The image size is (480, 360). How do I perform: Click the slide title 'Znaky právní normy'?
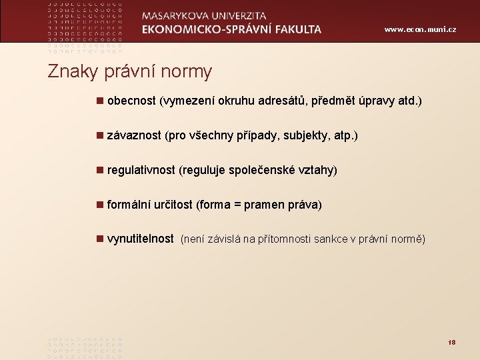(129, 71)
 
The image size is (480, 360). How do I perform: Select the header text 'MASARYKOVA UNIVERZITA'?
(204, 16)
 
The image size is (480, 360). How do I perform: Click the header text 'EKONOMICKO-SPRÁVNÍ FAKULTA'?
(231, 29)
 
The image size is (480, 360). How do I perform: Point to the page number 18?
(451, 342)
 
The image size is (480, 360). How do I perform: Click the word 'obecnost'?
(131, 101)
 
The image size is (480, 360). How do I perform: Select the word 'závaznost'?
(133, 136)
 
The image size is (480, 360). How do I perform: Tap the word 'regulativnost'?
(141, 171)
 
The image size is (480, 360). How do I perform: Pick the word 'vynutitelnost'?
(140, 239)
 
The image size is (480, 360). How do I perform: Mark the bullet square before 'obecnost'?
(99, 101)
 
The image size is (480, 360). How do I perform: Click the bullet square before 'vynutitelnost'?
(99, 239)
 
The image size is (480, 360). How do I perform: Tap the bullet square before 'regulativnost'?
(99, 170)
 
